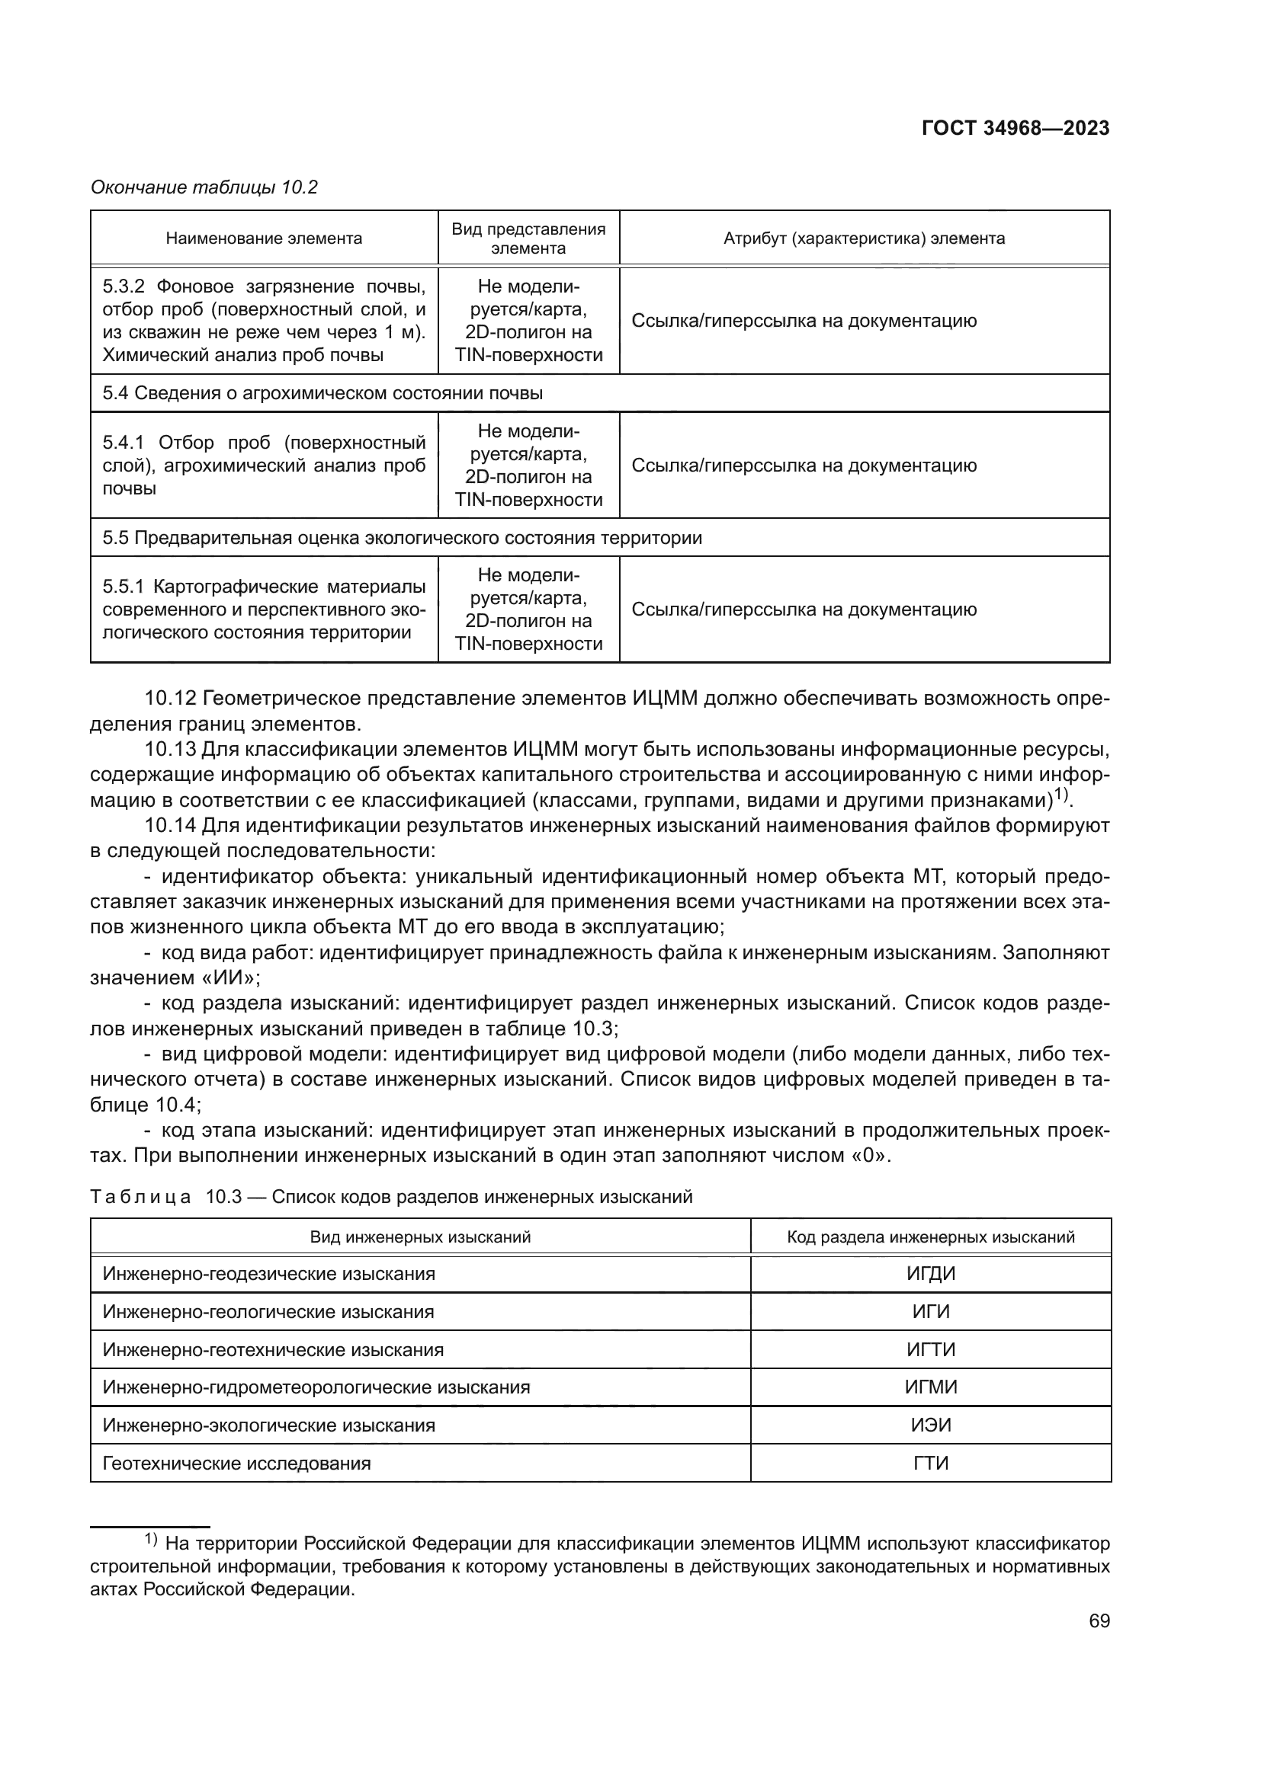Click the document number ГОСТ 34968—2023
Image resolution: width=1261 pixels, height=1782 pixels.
point(1015,129)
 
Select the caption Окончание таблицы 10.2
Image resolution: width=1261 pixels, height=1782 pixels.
point(204,188)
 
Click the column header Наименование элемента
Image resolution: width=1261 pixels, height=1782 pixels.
point(264,238)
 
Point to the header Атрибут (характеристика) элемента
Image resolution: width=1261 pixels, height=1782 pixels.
point(864,238)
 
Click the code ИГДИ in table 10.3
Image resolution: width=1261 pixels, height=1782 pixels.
point(930,1274)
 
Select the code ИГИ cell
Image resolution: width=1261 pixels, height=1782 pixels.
point(930,1312)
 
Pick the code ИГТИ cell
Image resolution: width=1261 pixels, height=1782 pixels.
point(930,1350)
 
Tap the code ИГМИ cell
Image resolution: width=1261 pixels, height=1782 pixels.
point(930,1387)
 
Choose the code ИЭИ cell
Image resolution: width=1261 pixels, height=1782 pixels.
point(930,1425)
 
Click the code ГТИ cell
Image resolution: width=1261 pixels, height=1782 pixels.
point(930,1463)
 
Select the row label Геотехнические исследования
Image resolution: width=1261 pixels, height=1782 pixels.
point(237,1463)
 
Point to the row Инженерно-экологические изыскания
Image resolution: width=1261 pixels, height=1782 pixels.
point(268,1425)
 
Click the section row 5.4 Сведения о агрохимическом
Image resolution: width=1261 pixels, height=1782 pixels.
point(322,393)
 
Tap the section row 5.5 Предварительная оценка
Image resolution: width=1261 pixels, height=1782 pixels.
point(403,538)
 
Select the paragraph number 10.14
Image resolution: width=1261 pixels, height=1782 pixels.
point(169,825)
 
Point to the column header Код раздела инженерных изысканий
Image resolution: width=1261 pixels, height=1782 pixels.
point(930,1237)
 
